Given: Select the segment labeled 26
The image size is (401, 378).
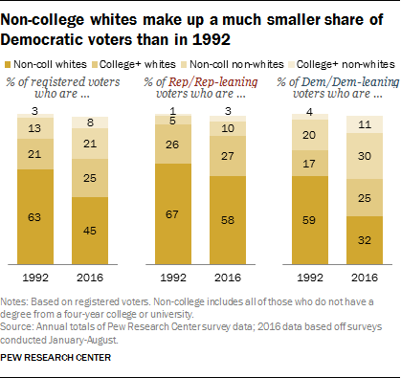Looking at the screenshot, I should pos(172,145).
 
